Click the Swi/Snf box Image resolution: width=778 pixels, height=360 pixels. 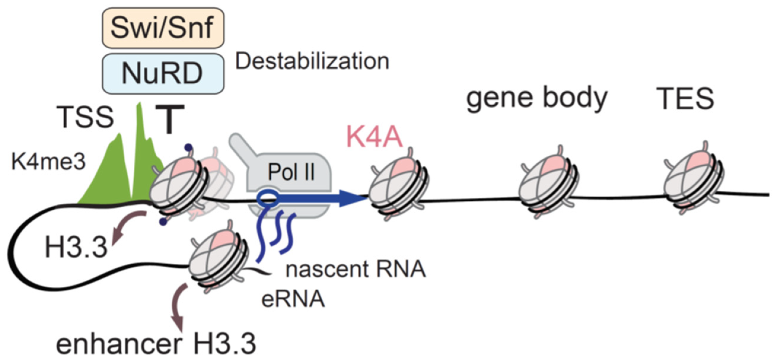[163, 28]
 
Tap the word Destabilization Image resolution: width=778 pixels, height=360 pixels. [312, 62]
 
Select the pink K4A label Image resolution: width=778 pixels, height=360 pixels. [374, 137]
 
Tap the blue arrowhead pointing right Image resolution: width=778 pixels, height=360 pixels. [352, 199]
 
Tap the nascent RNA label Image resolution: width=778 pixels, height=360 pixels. [355, 269]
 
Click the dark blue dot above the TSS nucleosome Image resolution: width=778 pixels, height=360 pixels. [189, 147]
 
